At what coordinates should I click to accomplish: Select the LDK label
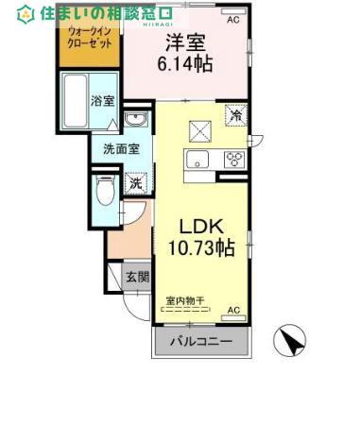[201, 228]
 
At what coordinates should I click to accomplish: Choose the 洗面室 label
[121, 148]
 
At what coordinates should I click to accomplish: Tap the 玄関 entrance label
[137, 277]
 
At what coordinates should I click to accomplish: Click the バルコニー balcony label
[200, 342]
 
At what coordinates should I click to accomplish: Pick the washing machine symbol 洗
[136, 182]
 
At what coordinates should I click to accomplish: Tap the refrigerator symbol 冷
[235, 115]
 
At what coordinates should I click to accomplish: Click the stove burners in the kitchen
[233, 159]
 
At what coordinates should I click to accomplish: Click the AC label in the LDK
[232, 310]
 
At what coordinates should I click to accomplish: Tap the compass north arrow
[291, 342]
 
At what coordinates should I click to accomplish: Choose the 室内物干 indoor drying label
[187, 301]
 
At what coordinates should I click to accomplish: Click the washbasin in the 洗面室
[136, 120]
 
